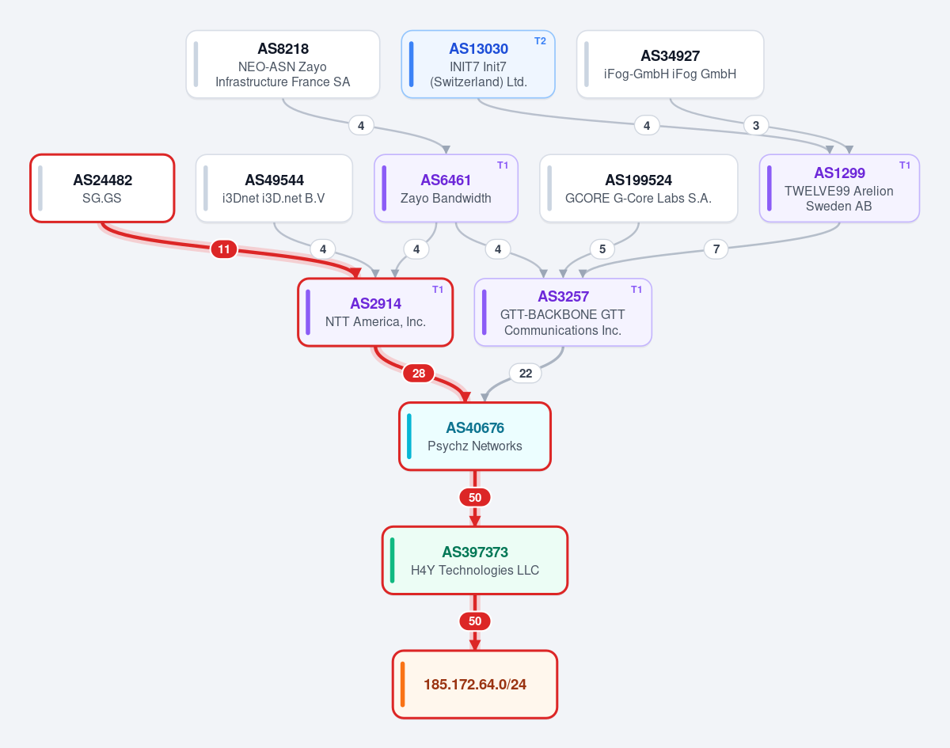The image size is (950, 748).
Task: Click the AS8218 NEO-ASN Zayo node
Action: pyautogui.click(x=283, y=64)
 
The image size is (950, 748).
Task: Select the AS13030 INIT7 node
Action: pyautogui.click(x=478, y=64)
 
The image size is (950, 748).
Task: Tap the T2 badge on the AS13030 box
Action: pyautogui.click(x=541, y=41)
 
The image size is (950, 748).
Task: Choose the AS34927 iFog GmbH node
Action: pyautogui.click(x=670, y=64)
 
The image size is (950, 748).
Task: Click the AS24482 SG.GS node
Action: pyautogui.click(x=102, y=188)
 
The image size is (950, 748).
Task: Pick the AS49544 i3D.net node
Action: pyautogui.click(x=274, y=188)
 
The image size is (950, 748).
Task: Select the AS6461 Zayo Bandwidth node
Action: pyautogui.click(x=446, y=188)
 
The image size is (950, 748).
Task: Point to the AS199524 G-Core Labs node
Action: pyautogui.click(x=638, y=188)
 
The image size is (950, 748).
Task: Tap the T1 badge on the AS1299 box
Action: pyautogui.click(x=905, y=165)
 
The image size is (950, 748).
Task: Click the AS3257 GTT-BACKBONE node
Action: pyautogui.click(x=563, y=313)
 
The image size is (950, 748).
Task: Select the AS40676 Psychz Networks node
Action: pyautogui.click(x=475, y=437)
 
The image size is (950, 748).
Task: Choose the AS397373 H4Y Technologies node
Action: pyautogui.click(x=475, y=560)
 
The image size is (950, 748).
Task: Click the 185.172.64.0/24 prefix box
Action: pyautogui.click(x=475, y=685)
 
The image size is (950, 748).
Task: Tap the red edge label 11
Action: pyautogui.click(x=224, y=249)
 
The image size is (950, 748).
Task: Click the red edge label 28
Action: pyautogui.click(x=419, y=374)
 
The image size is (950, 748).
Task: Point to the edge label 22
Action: pyautogui.click(x=526, y=374)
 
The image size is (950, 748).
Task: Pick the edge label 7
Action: pyautogui.click(x=716, y=249)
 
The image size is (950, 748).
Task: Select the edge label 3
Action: pyautogui.click(x=756, y=125)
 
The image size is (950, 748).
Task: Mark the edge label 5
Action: pyautogui.click(x=602, y=249)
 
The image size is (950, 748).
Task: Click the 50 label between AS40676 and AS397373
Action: pyautogui.click(x=475, y=498)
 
